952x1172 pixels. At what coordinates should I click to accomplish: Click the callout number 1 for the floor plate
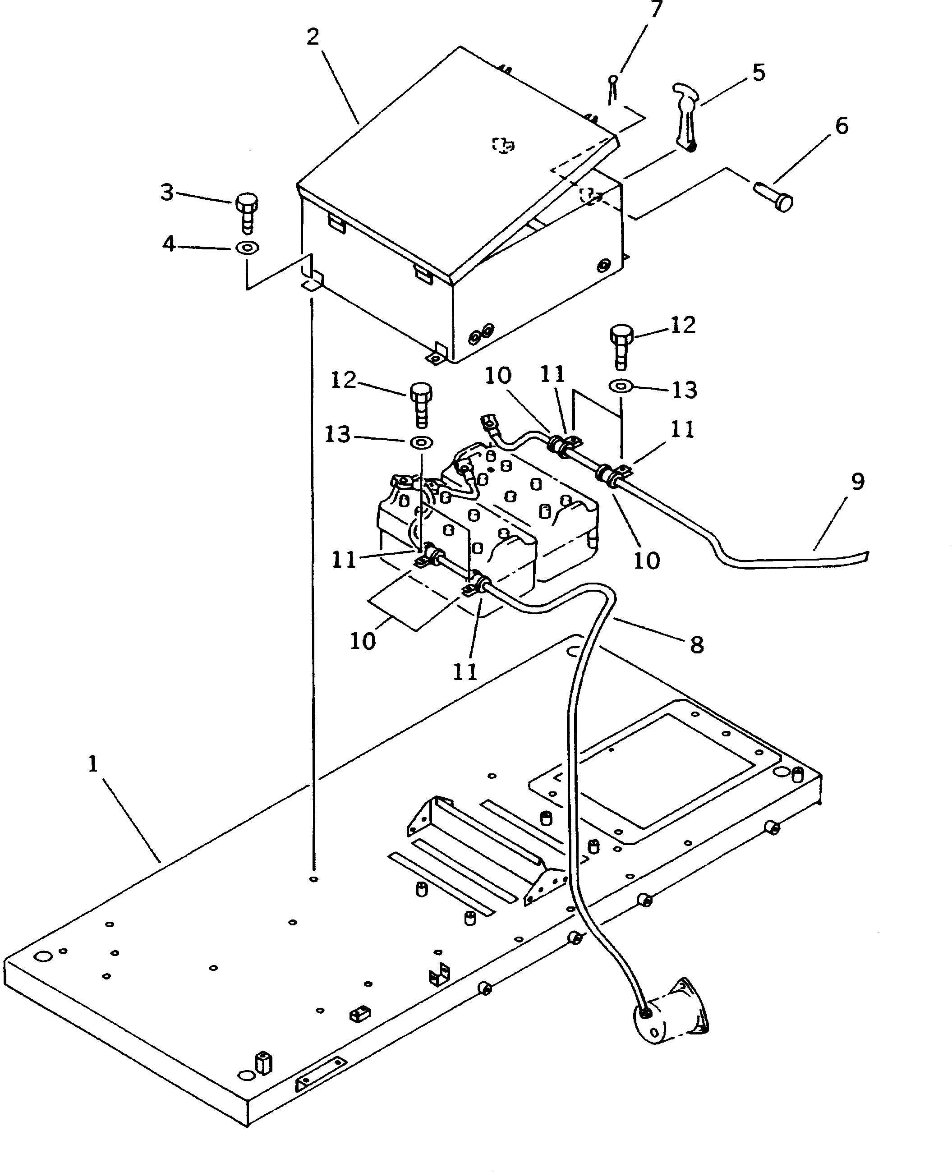[x=93, y=764]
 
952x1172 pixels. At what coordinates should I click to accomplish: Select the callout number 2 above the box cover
[x=313, y=37]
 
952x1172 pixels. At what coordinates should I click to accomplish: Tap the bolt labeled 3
[x=247, y=213]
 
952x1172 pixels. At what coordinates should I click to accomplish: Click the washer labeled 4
[x=247, y=248]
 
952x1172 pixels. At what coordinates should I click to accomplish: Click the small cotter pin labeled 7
[x=614, y=87]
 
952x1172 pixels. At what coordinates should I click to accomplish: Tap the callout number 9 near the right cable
[x=858, y=482]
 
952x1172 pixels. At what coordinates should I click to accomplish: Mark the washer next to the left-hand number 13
[x=422, y=441]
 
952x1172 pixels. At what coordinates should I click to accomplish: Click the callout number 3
[x=167, y=193]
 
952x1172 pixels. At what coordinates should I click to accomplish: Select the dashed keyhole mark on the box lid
[x=502, y=145]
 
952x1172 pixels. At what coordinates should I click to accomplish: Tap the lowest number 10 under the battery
[x=363, y=641]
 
